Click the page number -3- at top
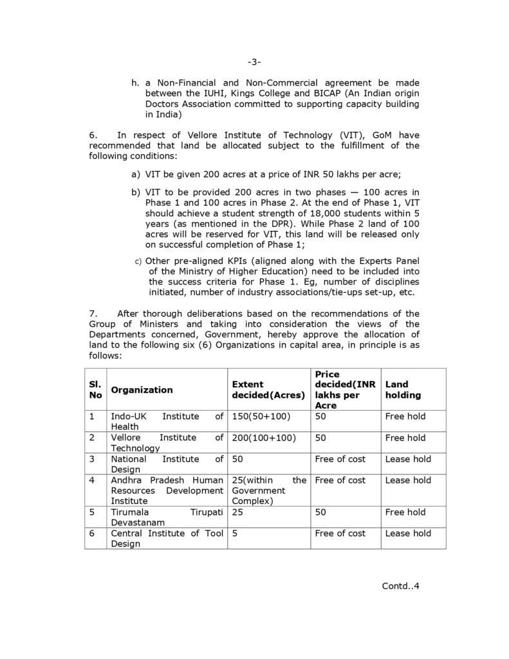(x=254, y=62)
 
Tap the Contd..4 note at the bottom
(x=400, y=586)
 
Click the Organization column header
(x=142, y=389)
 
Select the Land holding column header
(x=403, y=389)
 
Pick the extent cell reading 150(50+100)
(x=261, y=416)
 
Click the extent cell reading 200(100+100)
(x=264, y=438)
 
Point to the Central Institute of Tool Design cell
(x=167, y=539)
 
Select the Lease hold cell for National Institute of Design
(x=408, y=459)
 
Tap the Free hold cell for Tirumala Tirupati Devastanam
(x=405, y=512)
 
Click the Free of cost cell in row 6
(x=340, y=534)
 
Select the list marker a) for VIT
(x=135, y=174)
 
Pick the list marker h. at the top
(x=135, y=83)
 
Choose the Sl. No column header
(x=95, y=389)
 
